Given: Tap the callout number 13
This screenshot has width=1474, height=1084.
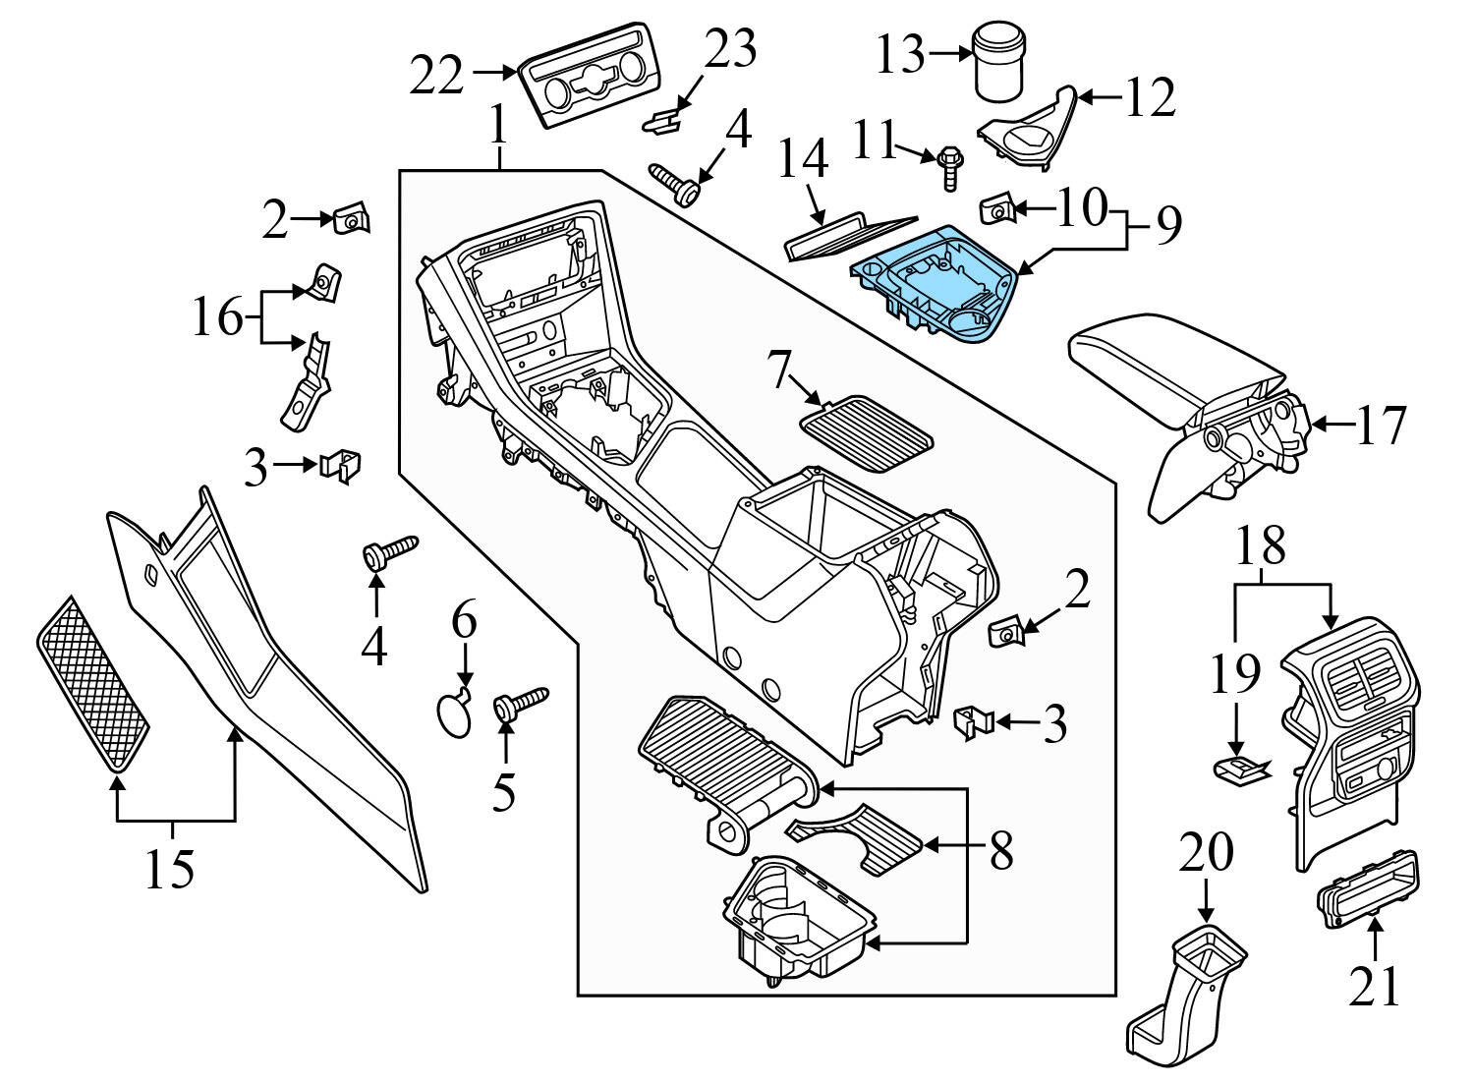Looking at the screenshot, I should (x=900, y=55).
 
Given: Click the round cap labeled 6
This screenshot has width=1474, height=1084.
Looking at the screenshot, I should (x=454, y=713).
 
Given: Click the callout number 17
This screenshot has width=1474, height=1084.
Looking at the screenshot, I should (x=1382, y=425).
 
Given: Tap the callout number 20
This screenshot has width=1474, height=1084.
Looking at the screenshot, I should (x=1206, y=852).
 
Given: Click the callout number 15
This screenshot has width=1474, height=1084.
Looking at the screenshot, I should (x=170, y=868).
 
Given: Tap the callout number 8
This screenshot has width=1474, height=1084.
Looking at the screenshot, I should (x=1000, y=852).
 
